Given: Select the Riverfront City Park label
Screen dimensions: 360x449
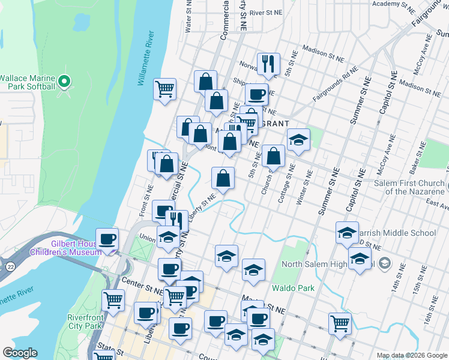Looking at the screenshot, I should pos(85,322).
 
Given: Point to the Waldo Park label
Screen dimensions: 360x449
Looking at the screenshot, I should pos(293,288).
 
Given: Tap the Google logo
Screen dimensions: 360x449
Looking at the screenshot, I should pos(20,353).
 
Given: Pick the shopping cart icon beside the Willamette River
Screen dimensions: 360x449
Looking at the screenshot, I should pos(164,90).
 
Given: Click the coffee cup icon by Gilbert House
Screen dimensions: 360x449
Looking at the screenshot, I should pos(107,239).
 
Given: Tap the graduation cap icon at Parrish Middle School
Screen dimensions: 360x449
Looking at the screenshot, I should pos(347,233).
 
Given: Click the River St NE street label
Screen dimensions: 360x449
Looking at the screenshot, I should pos(265,12).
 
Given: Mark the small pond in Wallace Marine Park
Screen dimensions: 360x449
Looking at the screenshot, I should pos(80,23).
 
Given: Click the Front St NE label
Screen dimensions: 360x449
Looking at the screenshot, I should pos(144,193).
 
